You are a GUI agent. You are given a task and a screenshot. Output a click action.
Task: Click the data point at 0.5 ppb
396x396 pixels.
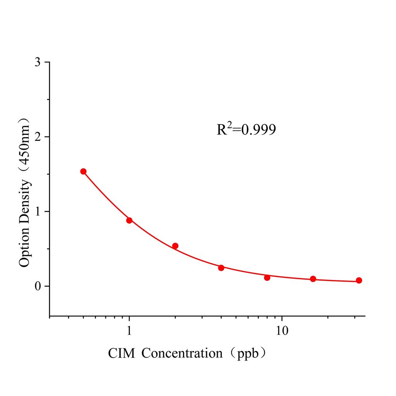(x=83, y=171)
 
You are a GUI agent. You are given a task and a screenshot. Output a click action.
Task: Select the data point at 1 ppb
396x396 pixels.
(x=129, y=220)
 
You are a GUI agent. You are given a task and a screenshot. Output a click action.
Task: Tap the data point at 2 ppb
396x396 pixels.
(x=175, y=246)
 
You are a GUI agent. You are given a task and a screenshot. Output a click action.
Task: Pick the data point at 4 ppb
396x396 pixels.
(x=221, y=268)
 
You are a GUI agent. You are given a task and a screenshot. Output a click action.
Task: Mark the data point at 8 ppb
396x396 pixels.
(x=267, y=277)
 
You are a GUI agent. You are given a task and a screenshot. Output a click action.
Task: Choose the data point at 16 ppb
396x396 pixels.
(x=313, y=279)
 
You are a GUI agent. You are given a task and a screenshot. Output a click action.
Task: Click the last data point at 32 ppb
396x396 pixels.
(x=359, y=280)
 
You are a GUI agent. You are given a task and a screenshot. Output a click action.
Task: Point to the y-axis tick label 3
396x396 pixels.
(x=37, y=62)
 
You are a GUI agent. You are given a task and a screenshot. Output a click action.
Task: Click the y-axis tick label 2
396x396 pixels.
(x=37, y=137)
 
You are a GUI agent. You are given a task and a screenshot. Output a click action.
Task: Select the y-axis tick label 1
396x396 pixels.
(x=37, y=212)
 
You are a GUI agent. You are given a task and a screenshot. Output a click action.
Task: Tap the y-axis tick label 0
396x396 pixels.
(x=37, y=286)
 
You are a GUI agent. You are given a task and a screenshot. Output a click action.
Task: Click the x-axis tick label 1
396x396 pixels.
(x=129, y=331)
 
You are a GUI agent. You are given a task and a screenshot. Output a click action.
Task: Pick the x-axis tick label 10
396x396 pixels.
(x=282, y=331)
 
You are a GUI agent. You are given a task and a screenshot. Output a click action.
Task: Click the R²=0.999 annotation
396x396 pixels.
(x=246, y=130)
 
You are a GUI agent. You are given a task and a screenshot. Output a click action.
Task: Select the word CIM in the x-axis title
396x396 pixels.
(x=122, y=353)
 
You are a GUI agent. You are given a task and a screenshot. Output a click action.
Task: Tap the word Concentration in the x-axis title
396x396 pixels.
(x=182, y=353)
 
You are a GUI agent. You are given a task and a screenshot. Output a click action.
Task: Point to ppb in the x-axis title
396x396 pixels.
(x=246, y=353)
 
